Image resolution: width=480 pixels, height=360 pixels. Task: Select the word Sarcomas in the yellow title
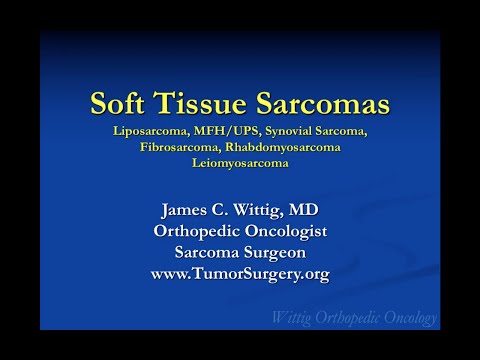[323, 104]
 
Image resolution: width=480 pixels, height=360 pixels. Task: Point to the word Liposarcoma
[159, 131]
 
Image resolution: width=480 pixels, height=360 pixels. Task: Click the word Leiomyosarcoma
[240, 163]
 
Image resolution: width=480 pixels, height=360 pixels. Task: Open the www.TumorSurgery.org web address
[240, 272]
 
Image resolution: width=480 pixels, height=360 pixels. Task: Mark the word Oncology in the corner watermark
[406, 318]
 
